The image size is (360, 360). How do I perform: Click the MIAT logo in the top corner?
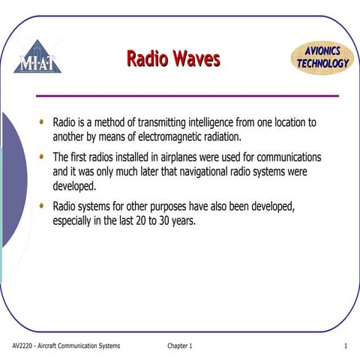pos(37,58)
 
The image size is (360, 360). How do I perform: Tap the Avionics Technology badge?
pos(321,58)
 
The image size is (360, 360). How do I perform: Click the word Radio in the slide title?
pos(148,58)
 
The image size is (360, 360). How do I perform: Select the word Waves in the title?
pos(196,58)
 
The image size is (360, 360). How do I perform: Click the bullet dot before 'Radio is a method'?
pos(41,121)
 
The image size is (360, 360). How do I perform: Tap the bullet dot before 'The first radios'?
pos(41,157)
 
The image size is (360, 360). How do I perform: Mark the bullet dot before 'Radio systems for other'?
pos(41,205)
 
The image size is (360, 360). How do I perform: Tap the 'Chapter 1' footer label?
pos(180,346)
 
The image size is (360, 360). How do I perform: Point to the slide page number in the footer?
pos(344,346)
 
